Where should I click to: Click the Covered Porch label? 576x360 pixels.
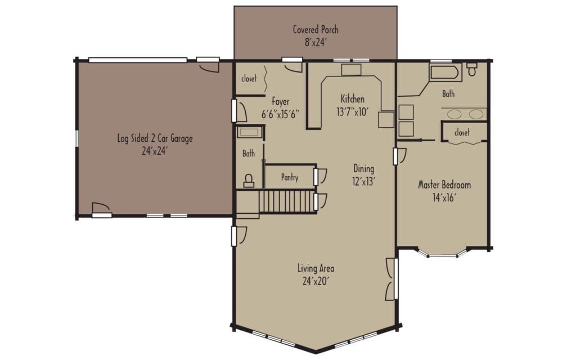[x=316, y=30]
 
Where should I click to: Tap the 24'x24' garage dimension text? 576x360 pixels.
[x=155, y=151]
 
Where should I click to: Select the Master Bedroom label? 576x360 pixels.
[x=444, y=185]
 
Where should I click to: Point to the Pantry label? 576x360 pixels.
[x=289, y=178]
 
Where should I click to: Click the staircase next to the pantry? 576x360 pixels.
[x=287, y=201]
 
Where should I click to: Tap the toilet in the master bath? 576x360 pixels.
[x=472, y=69]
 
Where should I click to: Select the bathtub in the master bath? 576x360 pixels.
[x=445, y=73]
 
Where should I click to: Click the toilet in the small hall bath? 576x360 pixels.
[x=248, y=180]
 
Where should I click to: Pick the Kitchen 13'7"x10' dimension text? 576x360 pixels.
[x=352, y=111]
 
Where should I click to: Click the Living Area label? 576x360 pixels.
[x=316, y=268]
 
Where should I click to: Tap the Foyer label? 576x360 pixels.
[x=280, y=102]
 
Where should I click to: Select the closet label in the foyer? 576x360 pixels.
[x=249, y=79]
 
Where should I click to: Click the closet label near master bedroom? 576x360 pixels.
[x=462, y=133]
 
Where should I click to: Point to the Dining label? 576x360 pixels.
[x=363, y=168]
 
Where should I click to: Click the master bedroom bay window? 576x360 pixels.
[x=443, y=254]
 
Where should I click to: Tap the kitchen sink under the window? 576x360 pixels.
[x=352, y=70]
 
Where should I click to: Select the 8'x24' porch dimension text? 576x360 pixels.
[x=316, y=42]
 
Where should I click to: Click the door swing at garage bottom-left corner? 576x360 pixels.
[x=100, y=208]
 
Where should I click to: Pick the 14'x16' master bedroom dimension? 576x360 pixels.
[x=444, y=197]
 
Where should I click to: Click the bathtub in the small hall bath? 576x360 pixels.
[x=249, y=133]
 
